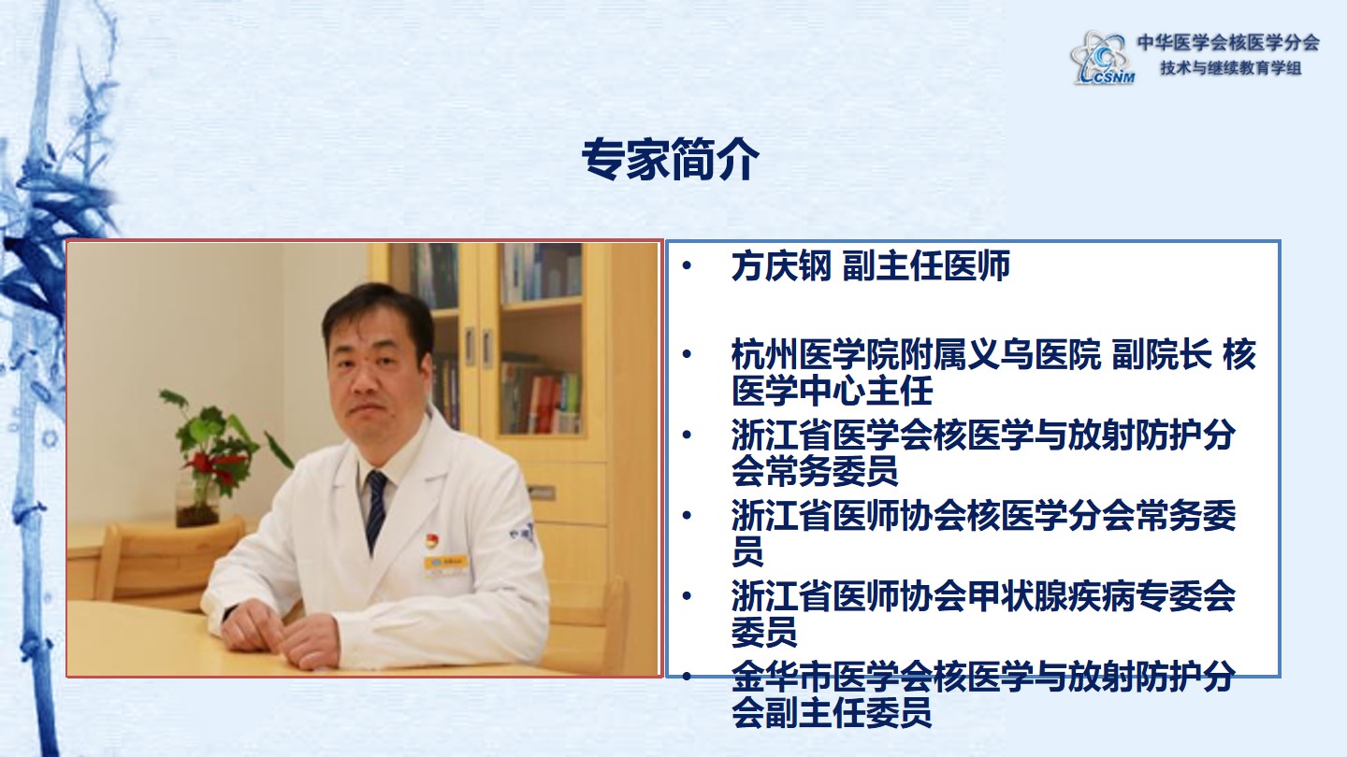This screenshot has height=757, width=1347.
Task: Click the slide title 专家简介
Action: tap(670, 159)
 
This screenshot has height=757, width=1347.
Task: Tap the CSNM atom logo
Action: tap(1102, 58)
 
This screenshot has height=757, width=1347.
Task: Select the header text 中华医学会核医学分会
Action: tap(1228, 42)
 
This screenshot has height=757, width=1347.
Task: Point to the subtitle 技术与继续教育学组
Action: tap(1231, 68)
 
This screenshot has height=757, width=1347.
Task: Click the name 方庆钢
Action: tap(781, 265)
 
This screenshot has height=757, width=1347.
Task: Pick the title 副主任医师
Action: tap(926, 265)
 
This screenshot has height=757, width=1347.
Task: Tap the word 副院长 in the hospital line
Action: tap(1161, 354)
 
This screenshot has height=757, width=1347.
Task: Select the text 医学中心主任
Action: tap(832, 391)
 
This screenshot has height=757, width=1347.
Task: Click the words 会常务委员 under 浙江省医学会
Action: tap(815, 471)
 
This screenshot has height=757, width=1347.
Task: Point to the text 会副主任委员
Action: tap(832, 712)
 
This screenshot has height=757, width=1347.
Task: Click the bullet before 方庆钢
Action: tap(687, 265)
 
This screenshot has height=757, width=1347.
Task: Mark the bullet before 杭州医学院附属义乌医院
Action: tap(687, 354)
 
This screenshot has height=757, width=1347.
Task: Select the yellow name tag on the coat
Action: tap(445, 564)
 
